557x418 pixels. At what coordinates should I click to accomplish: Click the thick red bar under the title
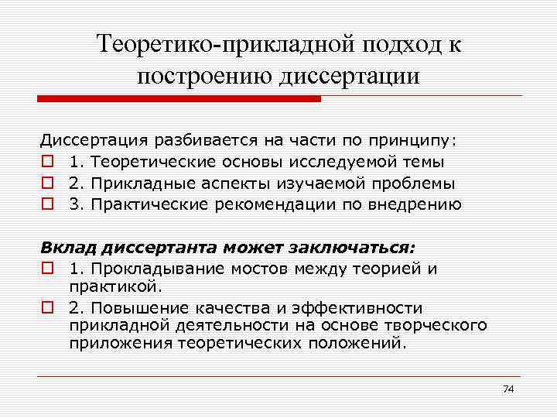tap(179, 99)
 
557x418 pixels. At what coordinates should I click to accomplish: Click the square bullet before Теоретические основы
tap(48, 163)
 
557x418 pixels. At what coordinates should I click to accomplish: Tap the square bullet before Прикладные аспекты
tap(48, 184)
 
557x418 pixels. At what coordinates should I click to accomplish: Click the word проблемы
tap(415, 184)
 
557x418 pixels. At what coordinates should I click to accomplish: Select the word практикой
tap(114, 286)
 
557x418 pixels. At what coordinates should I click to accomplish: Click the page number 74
tap(508, 388)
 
